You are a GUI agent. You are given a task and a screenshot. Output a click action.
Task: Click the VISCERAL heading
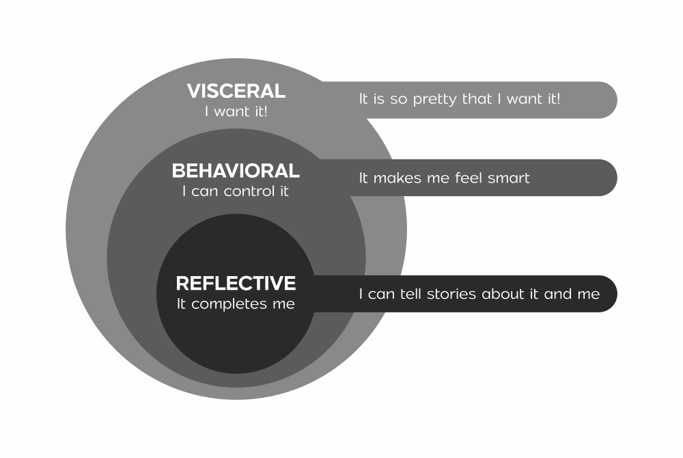(x=236, y=91)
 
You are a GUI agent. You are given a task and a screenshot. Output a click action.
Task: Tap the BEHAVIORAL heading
(x=236, y=170)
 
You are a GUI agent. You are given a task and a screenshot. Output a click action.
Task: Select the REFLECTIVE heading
(x=236, y=283)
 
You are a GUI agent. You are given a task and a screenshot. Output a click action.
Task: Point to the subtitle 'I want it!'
(x=236, y=111)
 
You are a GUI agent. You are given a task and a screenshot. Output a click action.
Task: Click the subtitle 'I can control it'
(x=236, y=191)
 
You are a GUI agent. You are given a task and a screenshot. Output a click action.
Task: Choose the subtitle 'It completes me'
(x=236, y=304)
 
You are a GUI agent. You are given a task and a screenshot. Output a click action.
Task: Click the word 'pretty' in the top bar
(x=436, y=99)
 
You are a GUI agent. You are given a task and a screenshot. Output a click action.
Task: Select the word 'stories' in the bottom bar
(x=452, y=295)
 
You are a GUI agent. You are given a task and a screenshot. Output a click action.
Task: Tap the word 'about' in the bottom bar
(x=504, y=295)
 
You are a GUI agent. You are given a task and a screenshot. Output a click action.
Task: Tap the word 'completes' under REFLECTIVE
(x=224, y=304)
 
